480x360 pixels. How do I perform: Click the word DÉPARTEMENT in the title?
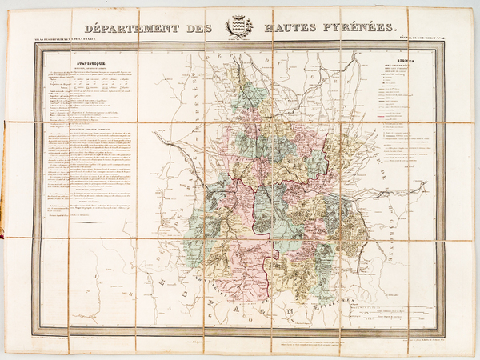pyautogui.click(x=137, y=27)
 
